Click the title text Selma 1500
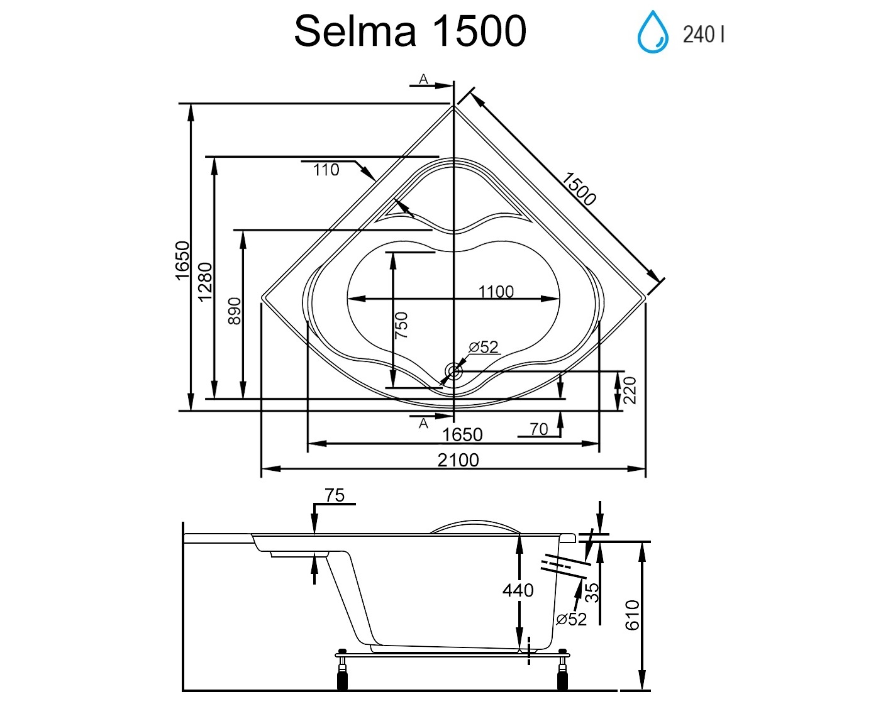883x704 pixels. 410,31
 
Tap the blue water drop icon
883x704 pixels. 653,32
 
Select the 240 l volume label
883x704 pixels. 703,34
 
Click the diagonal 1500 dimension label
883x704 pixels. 578,189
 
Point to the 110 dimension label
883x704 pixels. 326,170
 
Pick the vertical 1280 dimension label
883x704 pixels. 206,282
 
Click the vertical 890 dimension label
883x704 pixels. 234,311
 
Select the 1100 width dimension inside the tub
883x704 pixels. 496,292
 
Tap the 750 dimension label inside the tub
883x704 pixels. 401,325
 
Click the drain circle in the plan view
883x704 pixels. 453,371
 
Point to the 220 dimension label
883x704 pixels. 630,390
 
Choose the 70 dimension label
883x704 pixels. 538,429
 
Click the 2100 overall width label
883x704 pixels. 458,460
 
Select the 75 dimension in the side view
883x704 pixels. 335,495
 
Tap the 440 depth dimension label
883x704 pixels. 518,590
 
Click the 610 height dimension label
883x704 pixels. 632,615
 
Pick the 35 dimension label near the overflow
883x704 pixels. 592,593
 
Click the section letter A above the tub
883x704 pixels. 424,79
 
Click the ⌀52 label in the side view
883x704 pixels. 571,619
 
